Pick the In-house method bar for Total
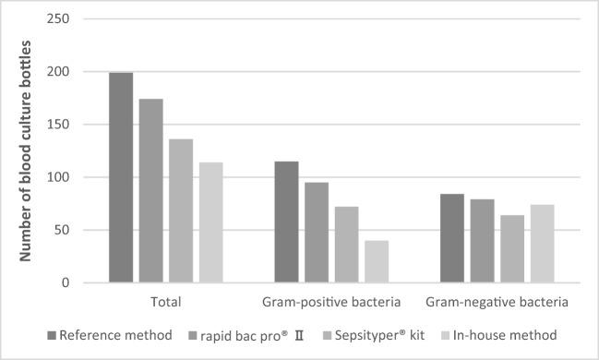[211, 222]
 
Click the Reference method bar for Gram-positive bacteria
[286, 222]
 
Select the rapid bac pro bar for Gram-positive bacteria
[317, 232]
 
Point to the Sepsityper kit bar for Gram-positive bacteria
[346, 245]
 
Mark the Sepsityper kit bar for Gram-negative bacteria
[512, 248]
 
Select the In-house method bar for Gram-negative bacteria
[542, 244]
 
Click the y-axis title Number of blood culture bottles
[29, 150]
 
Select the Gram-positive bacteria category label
[331, 302]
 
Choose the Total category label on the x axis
[166, 302]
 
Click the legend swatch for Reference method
[51, 333]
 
